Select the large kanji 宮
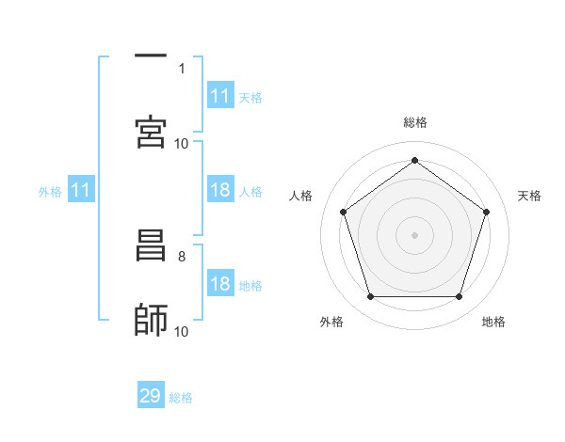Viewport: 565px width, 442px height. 151,132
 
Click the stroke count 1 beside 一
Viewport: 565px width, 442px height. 182,68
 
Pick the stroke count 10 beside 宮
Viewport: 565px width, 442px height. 182,143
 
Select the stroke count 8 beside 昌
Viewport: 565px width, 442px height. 182,256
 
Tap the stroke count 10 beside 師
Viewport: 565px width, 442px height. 182,331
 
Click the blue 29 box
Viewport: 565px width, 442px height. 151,396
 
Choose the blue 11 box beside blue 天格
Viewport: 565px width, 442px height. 220,96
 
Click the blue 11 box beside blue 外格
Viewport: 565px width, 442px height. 81,191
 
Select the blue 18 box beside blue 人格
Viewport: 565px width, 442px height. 220,191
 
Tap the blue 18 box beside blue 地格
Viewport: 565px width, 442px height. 220,285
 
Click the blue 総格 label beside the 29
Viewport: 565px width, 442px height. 181,398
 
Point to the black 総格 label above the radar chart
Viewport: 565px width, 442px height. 414,122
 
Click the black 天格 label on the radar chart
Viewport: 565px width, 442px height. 529,196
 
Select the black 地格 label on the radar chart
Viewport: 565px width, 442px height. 493,322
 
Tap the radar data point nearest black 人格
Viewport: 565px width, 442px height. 344,212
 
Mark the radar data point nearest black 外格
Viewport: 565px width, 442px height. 370,297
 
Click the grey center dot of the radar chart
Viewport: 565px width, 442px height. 414,234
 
